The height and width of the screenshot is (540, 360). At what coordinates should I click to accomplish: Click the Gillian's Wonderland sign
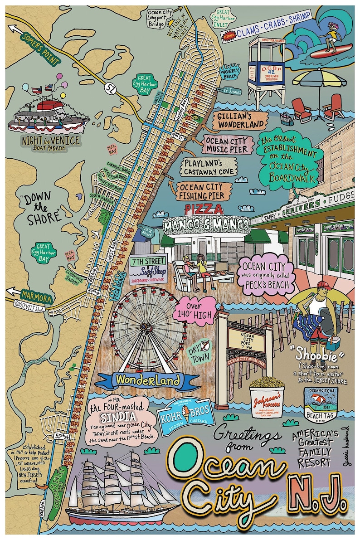tap(240, 120)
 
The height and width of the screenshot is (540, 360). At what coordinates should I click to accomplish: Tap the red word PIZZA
tap(204, 209)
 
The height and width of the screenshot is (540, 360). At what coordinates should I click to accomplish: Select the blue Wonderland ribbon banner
tap(147, 379)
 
